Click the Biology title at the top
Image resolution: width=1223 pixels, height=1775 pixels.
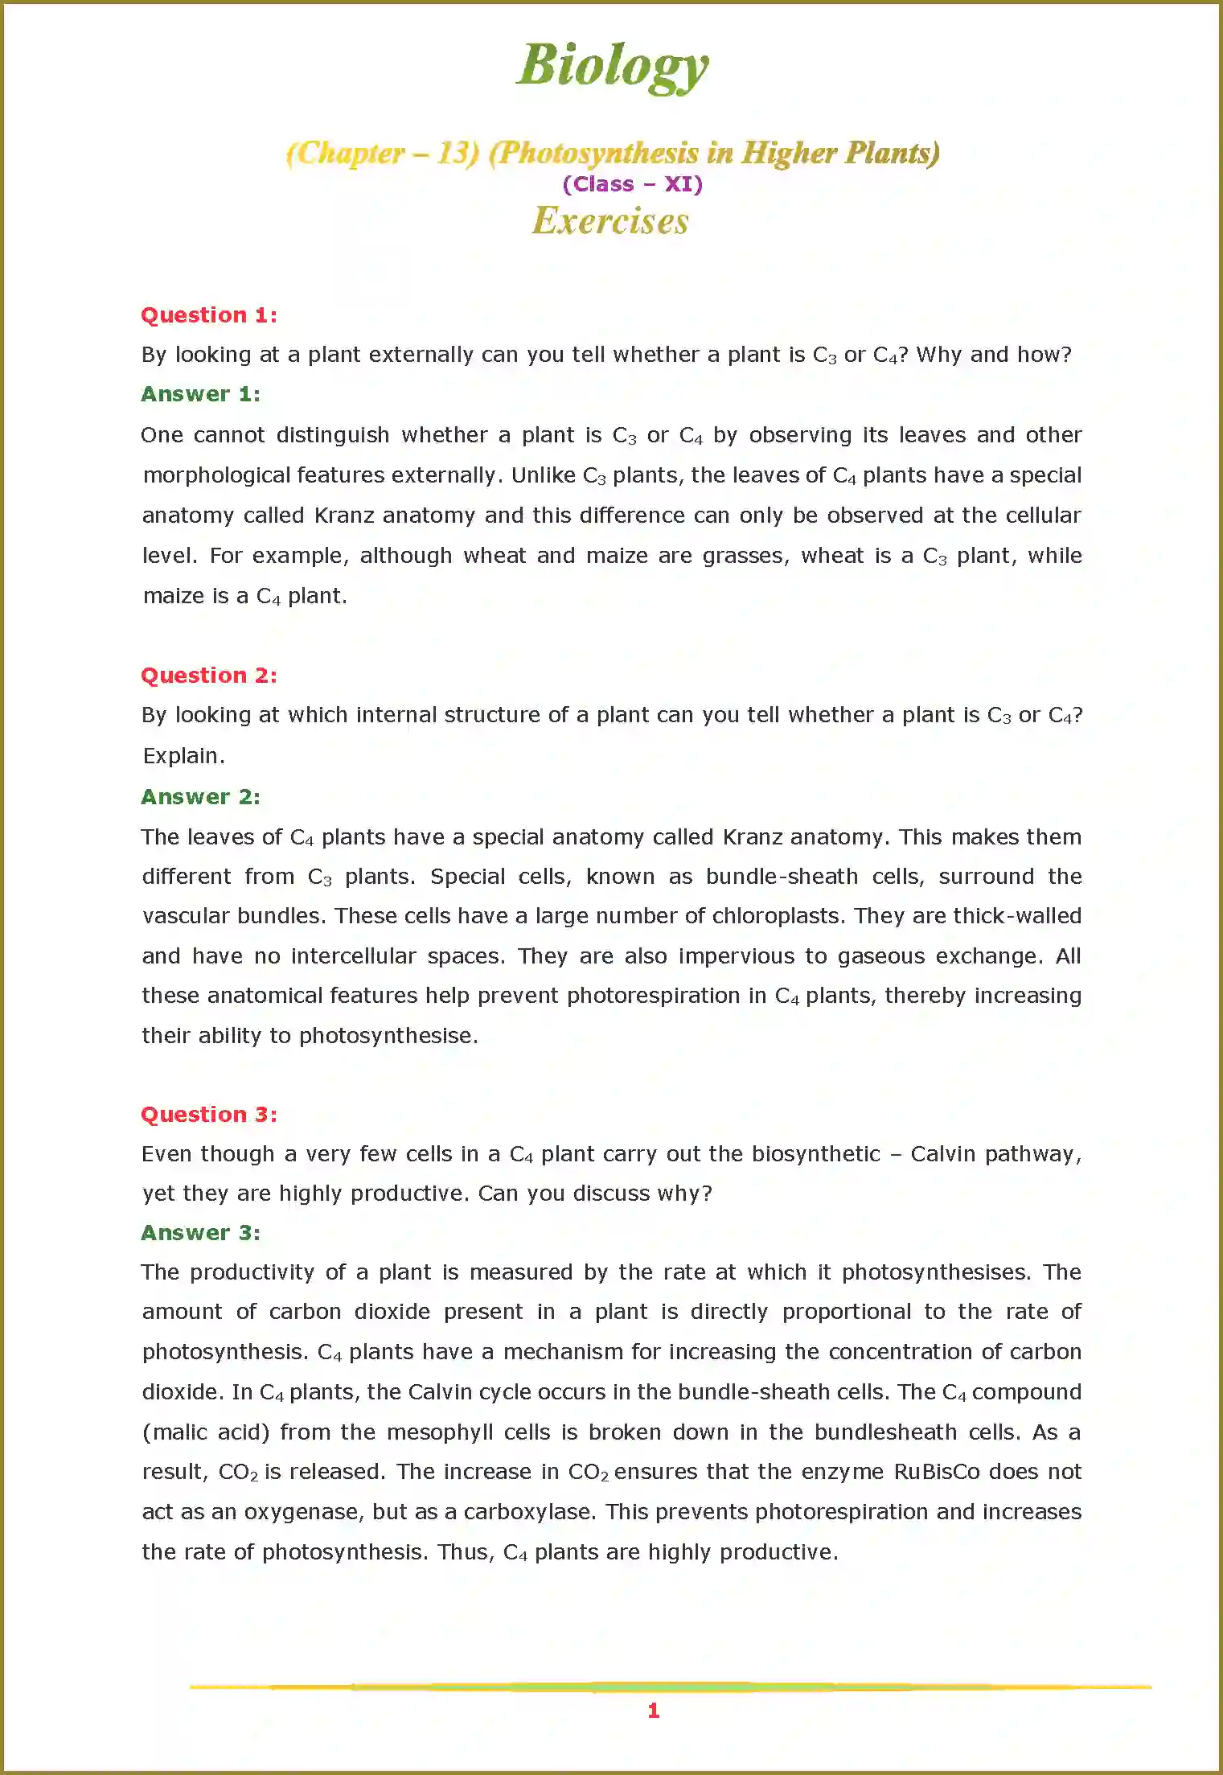(x=612, y=65)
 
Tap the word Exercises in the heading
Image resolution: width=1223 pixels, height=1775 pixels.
(x=610, y=221)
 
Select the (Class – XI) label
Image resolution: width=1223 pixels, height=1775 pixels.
(x=632, y=184)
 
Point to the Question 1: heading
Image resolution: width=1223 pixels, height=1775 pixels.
(x=209, y=314)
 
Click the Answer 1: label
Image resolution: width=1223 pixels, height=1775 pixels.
(x=200, y=394)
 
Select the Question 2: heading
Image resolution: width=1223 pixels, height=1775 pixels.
(x=209, y=675)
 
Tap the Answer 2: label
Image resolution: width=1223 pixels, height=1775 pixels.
(x=200, y=796)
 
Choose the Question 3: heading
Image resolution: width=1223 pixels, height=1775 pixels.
(x=209, y=1114)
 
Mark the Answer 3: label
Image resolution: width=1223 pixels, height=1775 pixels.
(x=200, y=1233)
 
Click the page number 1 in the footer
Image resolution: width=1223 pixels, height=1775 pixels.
(x=653, y=1711)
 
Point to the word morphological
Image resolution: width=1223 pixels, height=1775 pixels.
(x=216, y=475)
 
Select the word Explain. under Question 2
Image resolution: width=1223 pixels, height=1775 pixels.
(x=183, y=756)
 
